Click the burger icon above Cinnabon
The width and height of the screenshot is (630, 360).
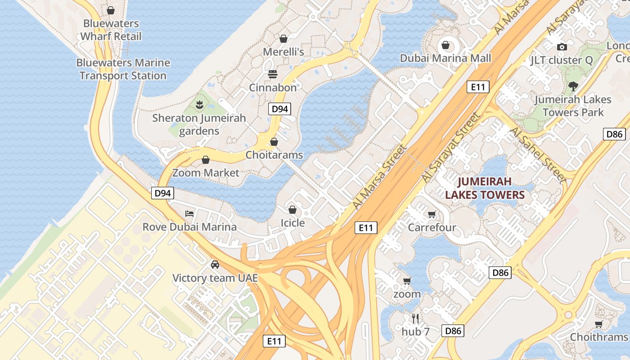tap(272, 74)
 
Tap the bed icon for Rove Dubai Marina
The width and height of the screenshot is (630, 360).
tap(189, 213)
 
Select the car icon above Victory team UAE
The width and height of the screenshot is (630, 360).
tap(215, 264)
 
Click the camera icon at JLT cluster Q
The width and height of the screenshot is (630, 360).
tap(561, 47)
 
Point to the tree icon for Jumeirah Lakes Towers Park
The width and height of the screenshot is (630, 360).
tap(573, 86)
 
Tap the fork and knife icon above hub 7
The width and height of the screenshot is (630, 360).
tap(415, 319)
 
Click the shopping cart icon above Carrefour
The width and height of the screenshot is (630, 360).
tap(432, 214)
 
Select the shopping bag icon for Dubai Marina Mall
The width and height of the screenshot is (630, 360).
tap(445, 45)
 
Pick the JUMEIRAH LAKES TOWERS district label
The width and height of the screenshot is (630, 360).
tap(485, 188)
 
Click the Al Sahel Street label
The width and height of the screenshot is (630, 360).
tap(538, 154)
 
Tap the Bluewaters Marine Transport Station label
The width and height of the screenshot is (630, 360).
tap(123, 69)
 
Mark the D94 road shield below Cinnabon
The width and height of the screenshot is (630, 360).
tap(279, 108)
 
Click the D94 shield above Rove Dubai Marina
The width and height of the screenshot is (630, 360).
tap(162, 193)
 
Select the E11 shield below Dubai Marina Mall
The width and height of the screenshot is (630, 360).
tap(477, 87)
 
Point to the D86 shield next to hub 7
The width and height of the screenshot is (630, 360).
tap(452, 331)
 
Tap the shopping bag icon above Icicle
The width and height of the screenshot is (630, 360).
tap(292, 210)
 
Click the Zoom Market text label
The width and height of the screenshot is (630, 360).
tap(206, 173)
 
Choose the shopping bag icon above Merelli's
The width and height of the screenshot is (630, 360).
tap(283, 39)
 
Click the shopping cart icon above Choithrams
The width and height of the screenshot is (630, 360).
tap(598, 324)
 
